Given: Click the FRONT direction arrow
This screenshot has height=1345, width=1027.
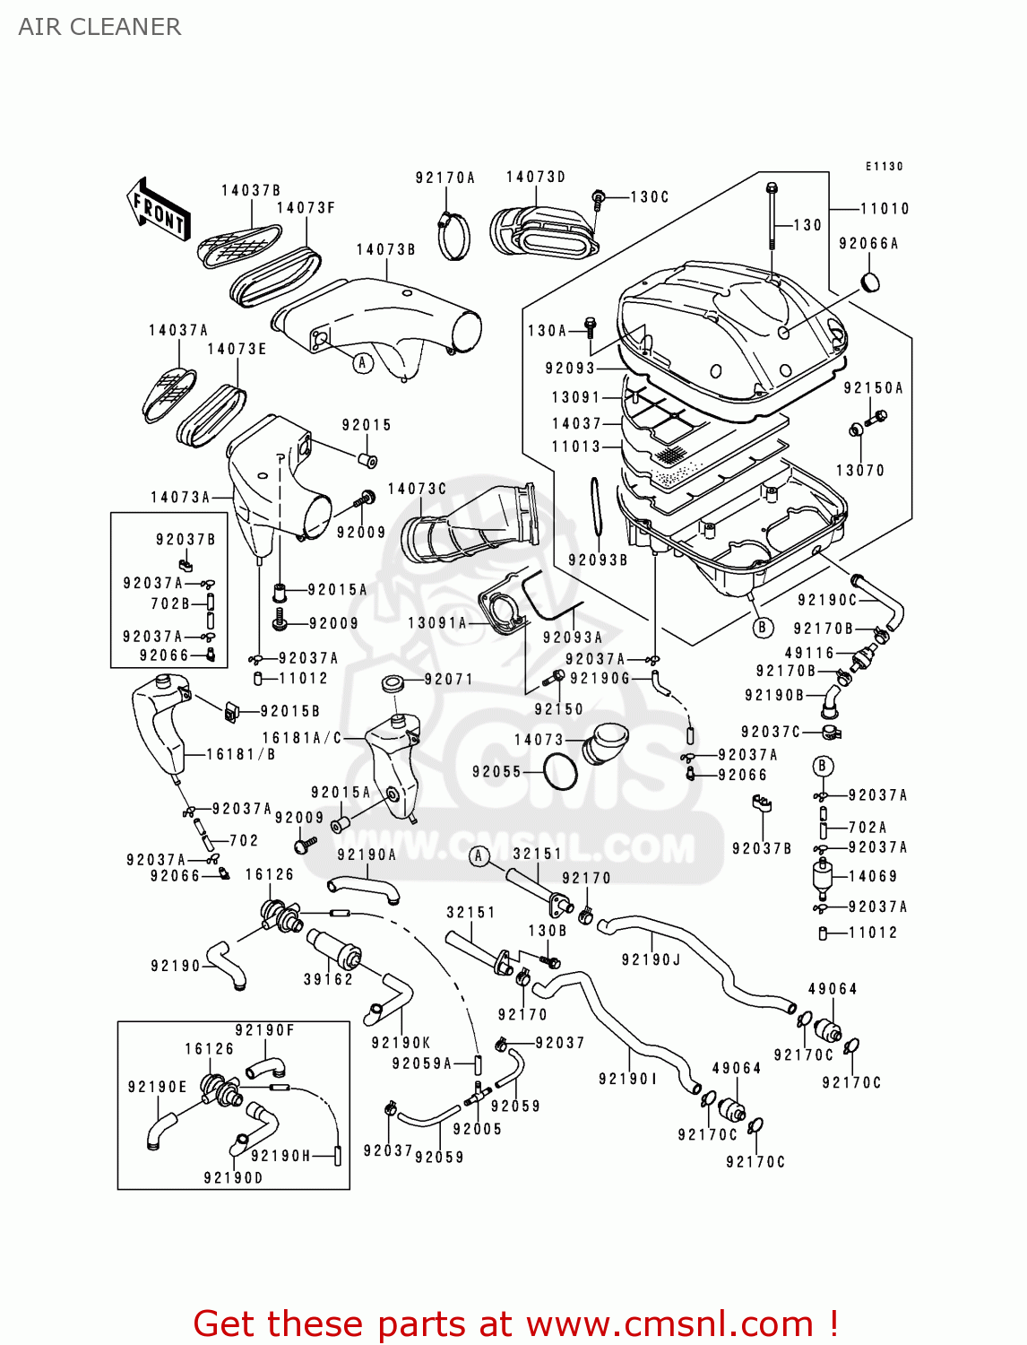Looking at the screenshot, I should tap(160, 210).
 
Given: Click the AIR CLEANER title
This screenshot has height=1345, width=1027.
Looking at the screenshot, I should tap(99, 27).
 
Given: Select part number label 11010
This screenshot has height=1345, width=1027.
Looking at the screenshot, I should tap(885, 209).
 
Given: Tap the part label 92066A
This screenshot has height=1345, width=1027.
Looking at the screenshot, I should tap(868, 244).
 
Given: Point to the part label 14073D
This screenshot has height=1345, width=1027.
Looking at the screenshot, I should tap(536, 178).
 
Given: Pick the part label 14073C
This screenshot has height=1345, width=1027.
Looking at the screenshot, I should tap(417, 489).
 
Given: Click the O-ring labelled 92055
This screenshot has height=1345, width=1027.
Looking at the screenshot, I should tap(561, 772).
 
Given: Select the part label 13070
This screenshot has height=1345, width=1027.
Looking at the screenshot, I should tap(859, 470).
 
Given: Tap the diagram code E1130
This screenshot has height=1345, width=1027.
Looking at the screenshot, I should tap(884, 166).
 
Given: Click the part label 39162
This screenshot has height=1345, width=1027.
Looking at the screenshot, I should tap(328, 979).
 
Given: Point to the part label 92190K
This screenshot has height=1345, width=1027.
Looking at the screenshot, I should tap(401, 1043).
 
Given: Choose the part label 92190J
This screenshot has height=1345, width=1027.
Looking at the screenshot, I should tap(651, 960).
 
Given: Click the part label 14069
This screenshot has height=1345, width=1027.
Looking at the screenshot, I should tap(872, 876).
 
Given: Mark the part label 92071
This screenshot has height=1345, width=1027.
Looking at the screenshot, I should tap(448, 680).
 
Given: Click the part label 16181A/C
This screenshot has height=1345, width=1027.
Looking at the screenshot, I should tap(302, 738).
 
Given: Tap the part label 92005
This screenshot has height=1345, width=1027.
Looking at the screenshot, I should tap(477, 1129).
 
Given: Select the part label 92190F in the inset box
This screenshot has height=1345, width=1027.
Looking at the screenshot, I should tap(264, 1030).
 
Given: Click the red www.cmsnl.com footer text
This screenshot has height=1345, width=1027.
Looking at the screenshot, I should tap(515, 1324).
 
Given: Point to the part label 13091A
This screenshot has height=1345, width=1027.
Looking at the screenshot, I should tap(437, 622).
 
